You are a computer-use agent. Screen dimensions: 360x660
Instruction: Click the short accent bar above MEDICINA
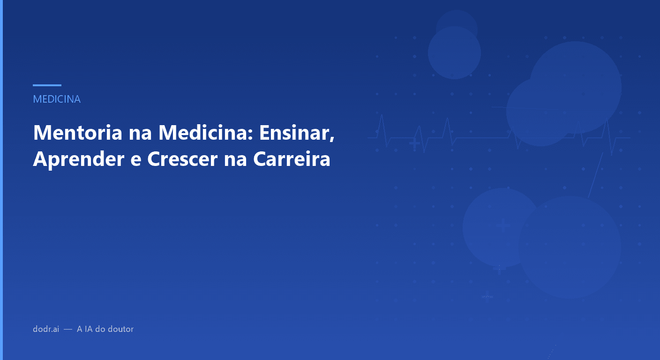47,85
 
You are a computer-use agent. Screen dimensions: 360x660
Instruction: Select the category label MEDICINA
57,99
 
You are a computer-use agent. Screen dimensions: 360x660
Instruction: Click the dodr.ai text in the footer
46,329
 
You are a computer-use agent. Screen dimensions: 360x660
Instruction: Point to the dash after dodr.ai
68,330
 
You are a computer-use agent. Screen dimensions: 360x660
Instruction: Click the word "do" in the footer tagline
100,329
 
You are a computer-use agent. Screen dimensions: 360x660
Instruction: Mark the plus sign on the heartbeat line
414,142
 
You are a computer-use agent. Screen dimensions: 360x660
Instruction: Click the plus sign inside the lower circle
503,226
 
